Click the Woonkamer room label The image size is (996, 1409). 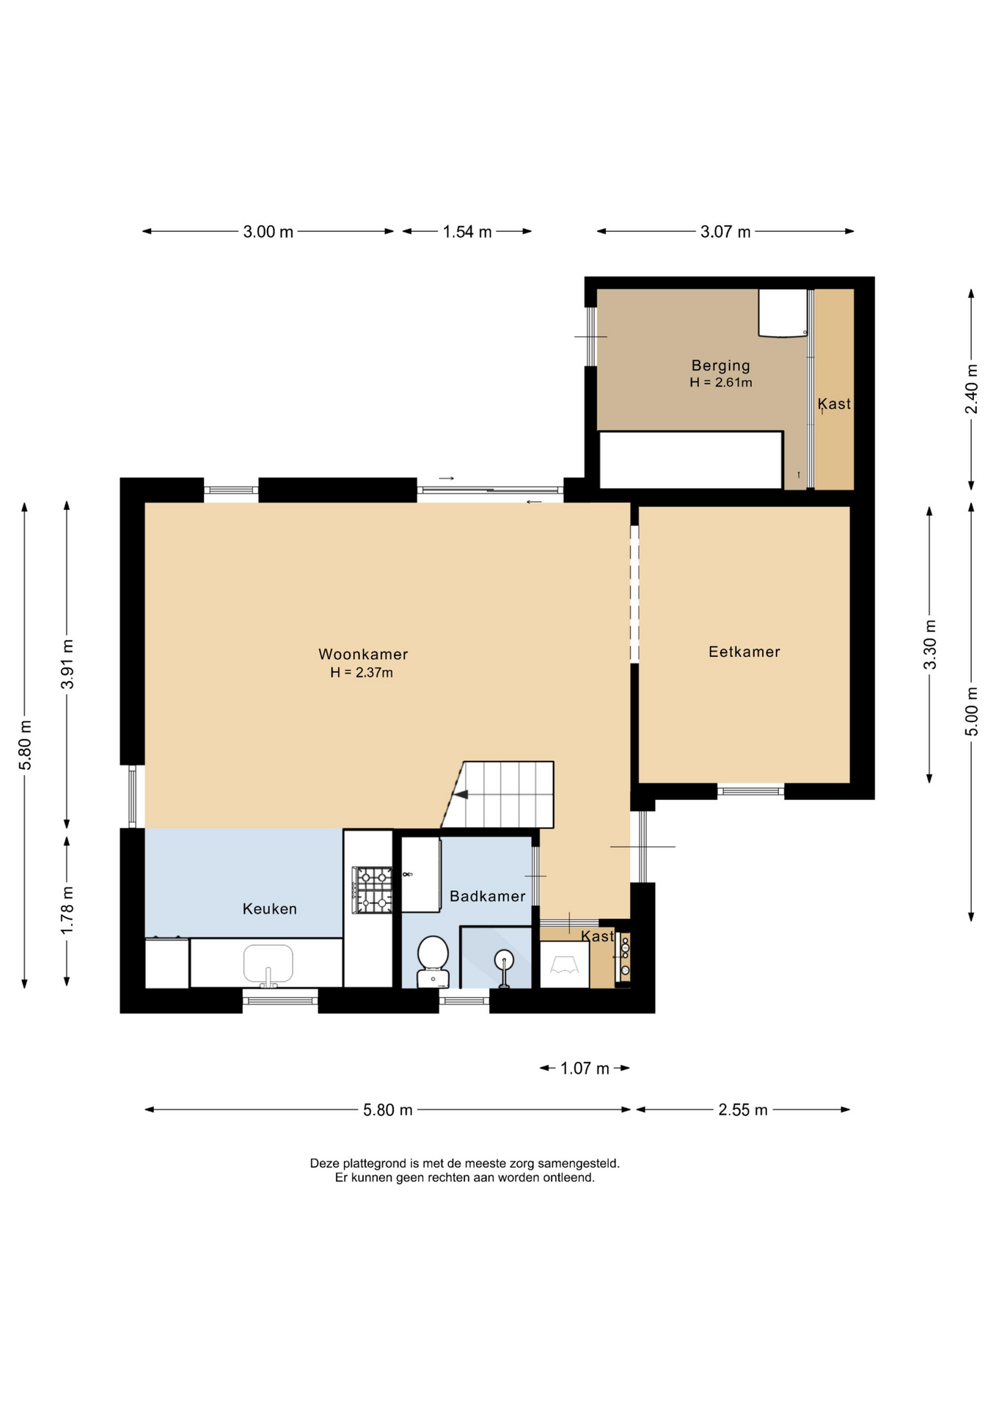(363, 654)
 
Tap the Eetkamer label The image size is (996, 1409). (744, 652)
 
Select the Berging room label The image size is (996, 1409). (720, 365)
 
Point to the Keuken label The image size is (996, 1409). (270, 909)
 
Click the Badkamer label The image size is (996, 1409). (487, 896)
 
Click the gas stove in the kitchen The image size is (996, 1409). (373, 890)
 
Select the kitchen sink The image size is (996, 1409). (268, 964)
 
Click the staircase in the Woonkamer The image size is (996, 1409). (499, 795)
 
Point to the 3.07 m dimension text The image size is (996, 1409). (725, 232)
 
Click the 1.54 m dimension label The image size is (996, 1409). (467, 232)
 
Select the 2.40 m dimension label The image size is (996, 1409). (971, 389)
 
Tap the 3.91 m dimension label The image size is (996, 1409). (67, 665)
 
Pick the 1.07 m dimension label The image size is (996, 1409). (585, 1068)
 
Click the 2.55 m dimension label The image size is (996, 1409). (743, 1110)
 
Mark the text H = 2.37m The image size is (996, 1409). (362, 673)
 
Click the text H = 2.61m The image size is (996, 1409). (721, 382)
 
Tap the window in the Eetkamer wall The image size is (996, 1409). (750, 791)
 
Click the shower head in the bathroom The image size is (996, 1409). (504, 959)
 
